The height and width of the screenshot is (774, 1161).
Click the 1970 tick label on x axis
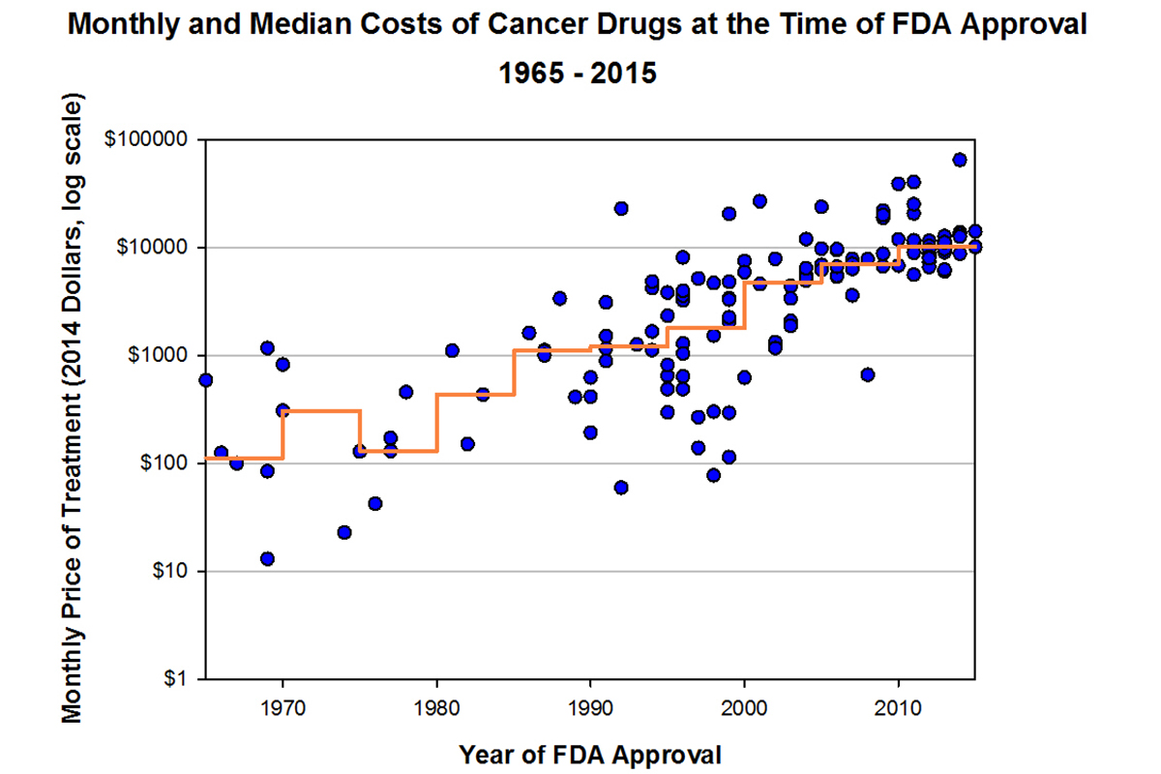pyautogui.click(x=283, y=706)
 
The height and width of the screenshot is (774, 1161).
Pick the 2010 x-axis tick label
pyautogui.click(x=899, y=706)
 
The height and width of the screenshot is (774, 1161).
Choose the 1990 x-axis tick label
pyautogui.click(x=590, y=706)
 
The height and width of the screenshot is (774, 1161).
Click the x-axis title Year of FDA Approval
pyautogui.click(x=590, y=754)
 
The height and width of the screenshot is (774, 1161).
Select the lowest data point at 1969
pyautogui.click(x=267, y=558)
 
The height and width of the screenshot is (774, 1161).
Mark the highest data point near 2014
pyautogui.click(x=960, y=160)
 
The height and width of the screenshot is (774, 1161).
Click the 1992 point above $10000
pyautogui.click(x=621, y=208)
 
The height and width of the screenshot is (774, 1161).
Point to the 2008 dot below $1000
pyautogui.click(x=868, y=374)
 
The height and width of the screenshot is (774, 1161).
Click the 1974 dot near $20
pyautogui.click(x=344, y=532)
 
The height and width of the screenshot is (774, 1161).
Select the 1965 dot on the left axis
pyautogui.click(x=205, y=380)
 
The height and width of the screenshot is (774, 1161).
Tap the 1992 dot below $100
pyautogui.click(x=621, y=487)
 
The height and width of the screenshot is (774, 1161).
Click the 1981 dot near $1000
pyautogui.click(x=452, y=350)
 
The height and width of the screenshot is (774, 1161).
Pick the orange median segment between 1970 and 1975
pyautogui.click(x=321, y=411)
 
